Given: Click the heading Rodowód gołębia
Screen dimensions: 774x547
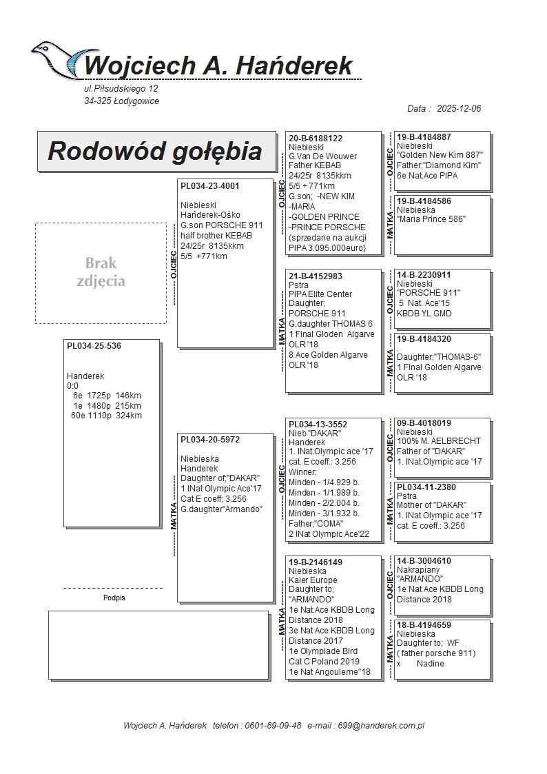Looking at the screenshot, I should pyautogui.click(x=154, y=151).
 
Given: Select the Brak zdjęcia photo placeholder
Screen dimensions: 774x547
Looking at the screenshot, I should pyautogui.click(x=101, y=272).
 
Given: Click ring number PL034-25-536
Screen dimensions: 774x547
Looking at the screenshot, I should pyautogui.click(x=94, y=346).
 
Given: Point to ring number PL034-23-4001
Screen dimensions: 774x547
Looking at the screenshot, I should pyautogui.click(x=210, y=186).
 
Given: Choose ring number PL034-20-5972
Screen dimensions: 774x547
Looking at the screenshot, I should pyautogui.click(x=210, y=440).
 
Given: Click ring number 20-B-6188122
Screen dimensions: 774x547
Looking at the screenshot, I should pyautogui.click(x=316, y=139).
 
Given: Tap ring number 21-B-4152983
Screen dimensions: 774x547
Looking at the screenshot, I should pyautogui.click(x=316, y=276).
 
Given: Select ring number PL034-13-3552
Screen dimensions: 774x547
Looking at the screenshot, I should pyautogui.click(x=318, y=425).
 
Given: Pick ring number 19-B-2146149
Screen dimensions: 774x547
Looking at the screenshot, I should pyautogui.click(x=316, y=562).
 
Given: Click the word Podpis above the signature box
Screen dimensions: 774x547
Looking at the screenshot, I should pyautogui.click(x=114, y=598).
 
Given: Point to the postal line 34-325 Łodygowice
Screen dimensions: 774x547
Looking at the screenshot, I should pyautogui.click(x=121, y=101).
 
